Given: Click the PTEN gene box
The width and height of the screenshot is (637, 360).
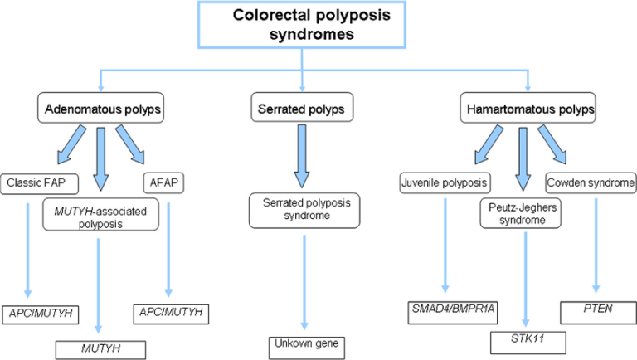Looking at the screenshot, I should click(x=593, y=314).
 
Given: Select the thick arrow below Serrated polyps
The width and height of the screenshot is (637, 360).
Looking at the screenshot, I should click(x=302, y=154).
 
